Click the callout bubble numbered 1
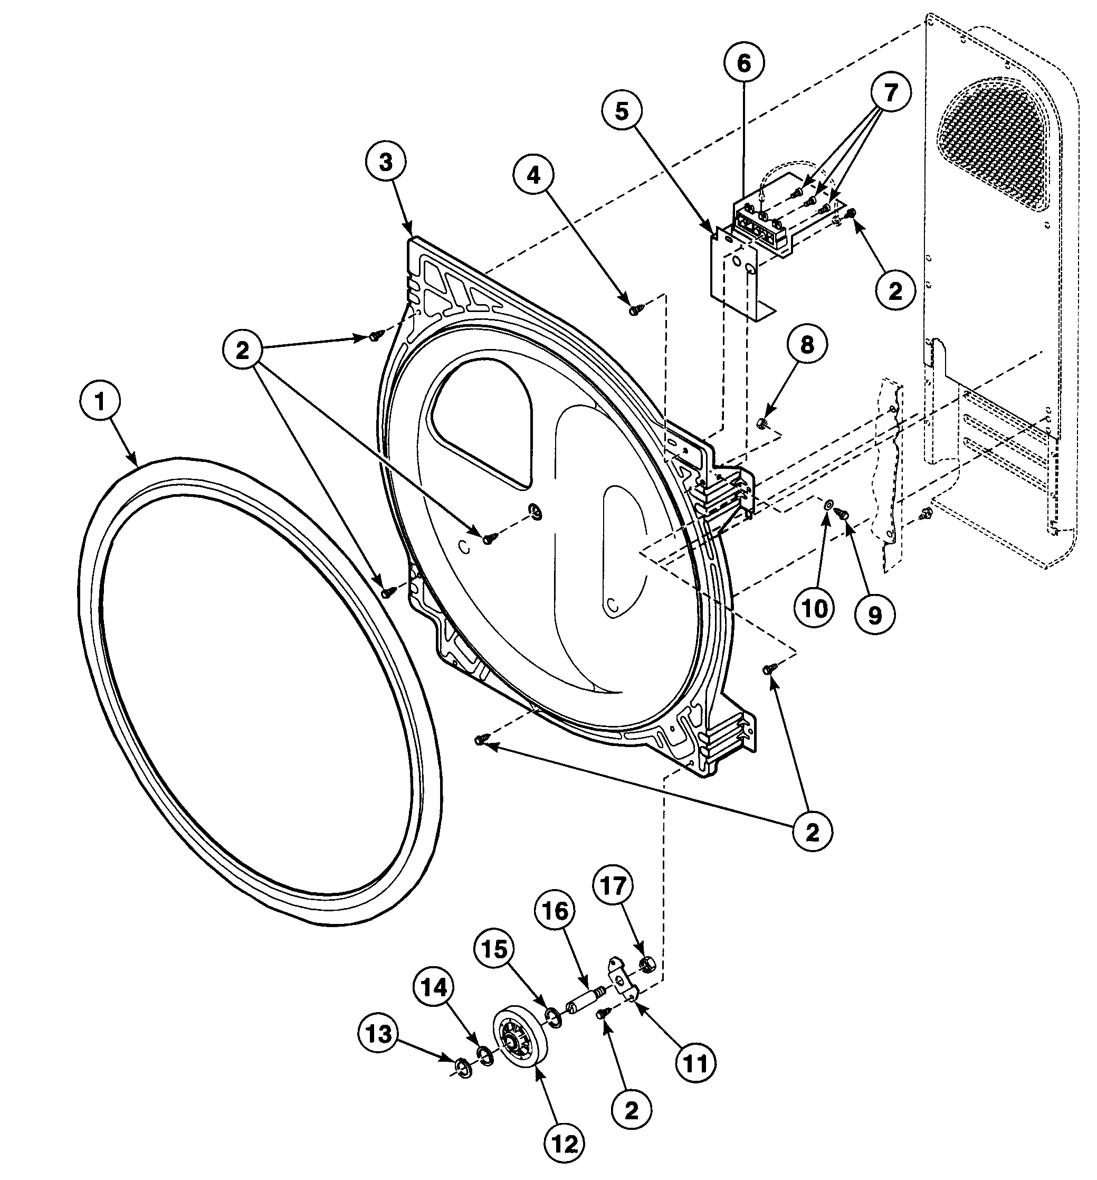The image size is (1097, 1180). [100, 402]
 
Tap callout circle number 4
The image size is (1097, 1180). [534, 175]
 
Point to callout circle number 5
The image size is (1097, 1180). [621, 111]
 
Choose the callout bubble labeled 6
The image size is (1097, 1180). [744, 63]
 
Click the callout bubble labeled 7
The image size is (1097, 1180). [891, 91]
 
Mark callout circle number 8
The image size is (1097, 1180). [807, 344]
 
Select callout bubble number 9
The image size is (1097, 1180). [875, 615]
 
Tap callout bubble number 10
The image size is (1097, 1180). [815, 608]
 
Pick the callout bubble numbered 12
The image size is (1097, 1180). [564, 1143]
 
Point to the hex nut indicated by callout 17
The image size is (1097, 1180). [648, 965]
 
